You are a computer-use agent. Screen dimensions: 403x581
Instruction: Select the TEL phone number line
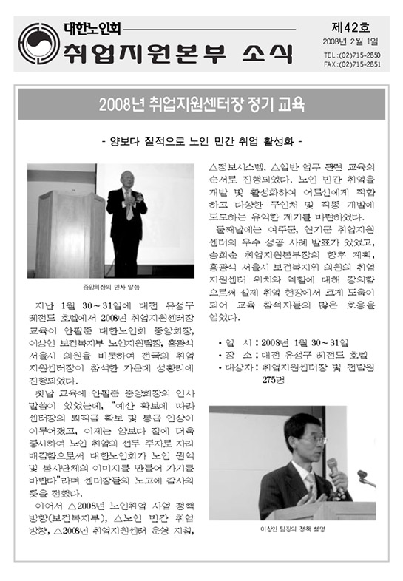pos(352,55)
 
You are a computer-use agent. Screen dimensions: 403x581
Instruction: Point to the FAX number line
pos(352,64)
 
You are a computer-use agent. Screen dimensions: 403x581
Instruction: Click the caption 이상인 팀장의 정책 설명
pos(294,529)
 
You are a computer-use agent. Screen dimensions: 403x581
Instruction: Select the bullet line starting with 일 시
pos(284,343)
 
